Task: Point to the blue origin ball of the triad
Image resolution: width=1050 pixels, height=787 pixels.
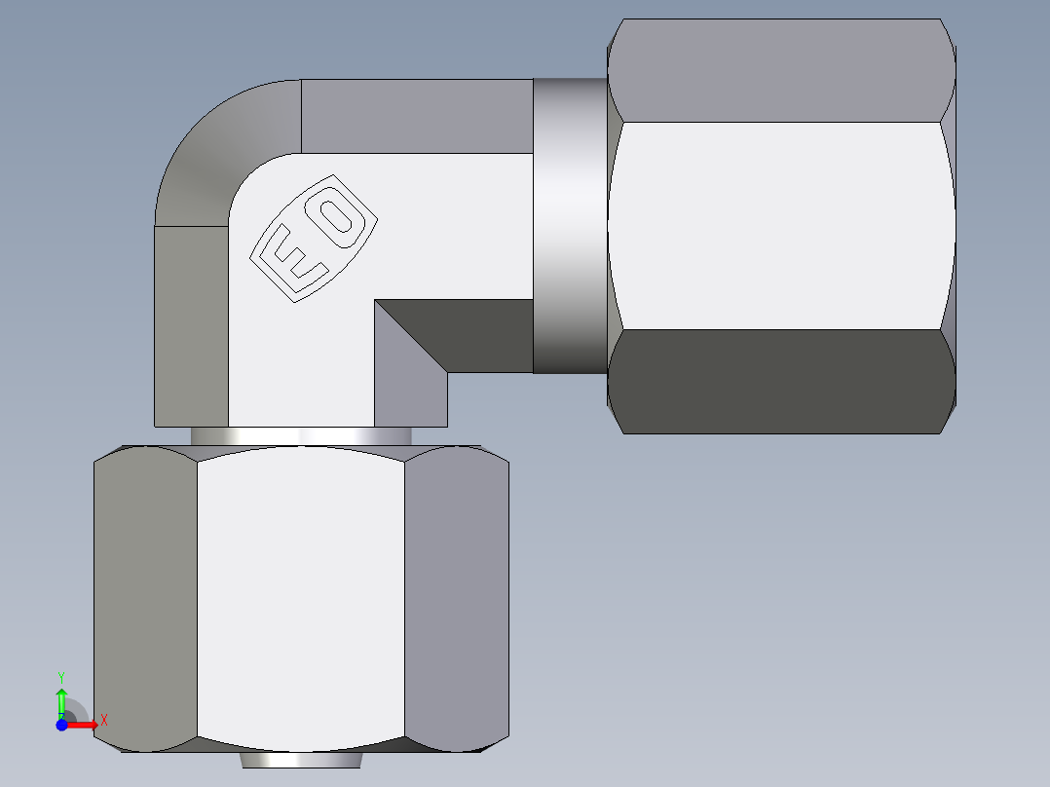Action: tap(61, 725)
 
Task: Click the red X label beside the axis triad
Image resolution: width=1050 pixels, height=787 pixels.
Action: tap(103, 720)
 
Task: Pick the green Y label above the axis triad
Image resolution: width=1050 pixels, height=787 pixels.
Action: tap(60, 676)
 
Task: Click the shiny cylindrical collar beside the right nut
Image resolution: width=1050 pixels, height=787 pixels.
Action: tap(570, 226)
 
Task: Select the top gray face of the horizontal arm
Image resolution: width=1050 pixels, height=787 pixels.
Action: tap(417, 115)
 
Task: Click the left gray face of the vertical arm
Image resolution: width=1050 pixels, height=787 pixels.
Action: tap(191, 326)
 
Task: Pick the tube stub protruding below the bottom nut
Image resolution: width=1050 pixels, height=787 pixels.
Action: tap(300, 761)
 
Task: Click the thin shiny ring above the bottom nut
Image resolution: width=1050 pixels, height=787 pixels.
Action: tap(300, 436)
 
